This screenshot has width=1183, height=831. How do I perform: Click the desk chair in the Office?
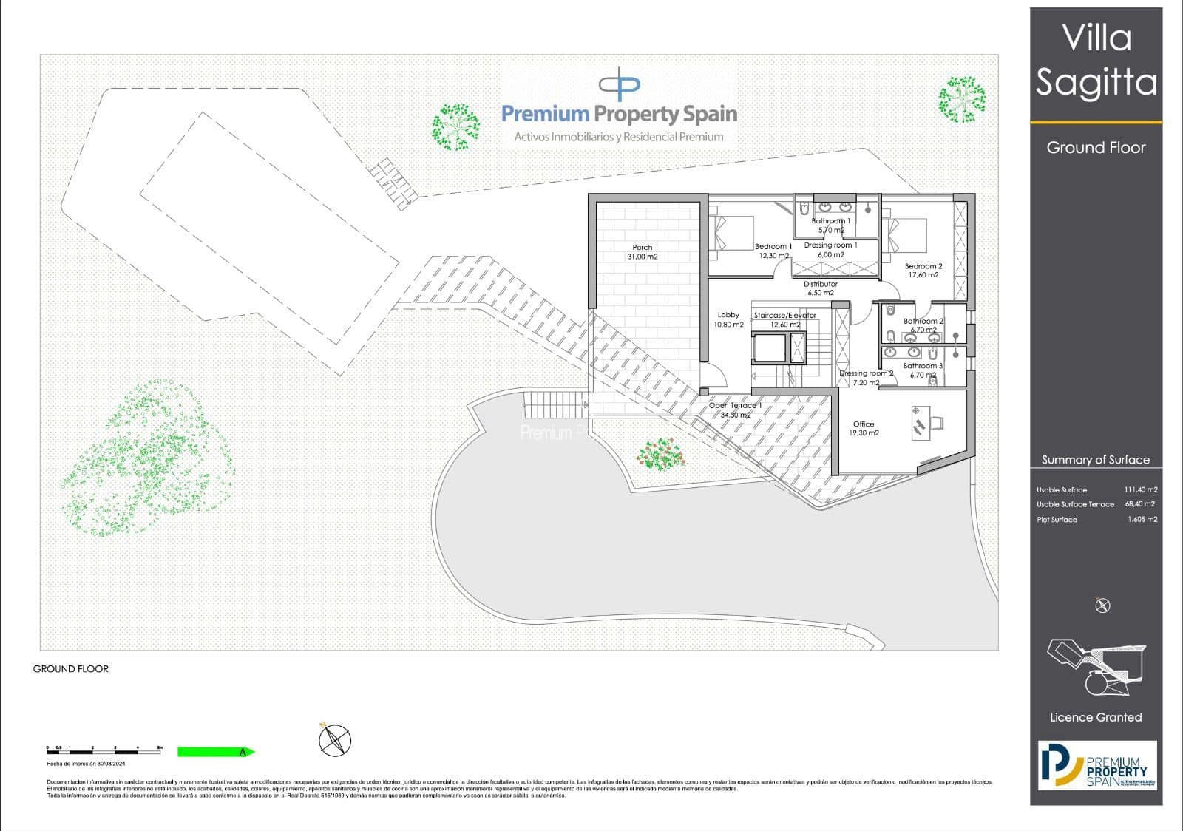click(x=936, y=422)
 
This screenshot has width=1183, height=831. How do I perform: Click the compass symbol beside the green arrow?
click(x=335, y=739)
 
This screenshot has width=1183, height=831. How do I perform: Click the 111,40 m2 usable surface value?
click(x=1141, y=489)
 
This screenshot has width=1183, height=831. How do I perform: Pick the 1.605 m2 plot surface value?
click(x=1142, y=519)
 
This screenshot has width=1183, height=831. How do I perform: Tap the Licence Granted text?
click(x=1096, y=717)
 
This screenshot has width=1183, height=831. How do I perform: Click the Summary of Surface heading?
click(x=1096, y=460)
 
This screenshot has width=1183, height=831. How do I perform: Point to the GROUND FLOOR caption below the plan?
click(x=71, y=669)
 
